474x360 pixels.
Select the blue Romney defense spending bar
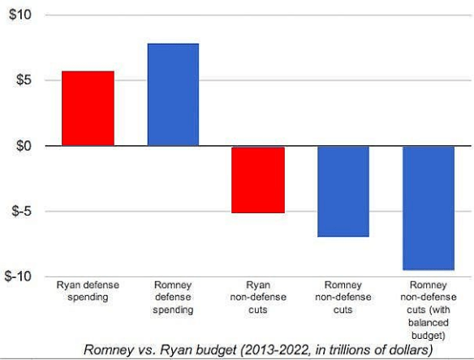(x=173, y=95)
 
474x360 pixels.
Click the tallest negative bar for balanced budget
(x=428, y=208)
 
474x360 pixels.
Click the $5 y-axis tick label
(x=23, y=80)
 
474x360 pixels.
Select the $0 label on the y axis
(x=23, y=146)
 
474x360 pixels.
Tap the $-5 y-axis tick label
(x=21, y=212)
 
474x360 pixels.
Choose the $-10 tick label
(x=19, y=276)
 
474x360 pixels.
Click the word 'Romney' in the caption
(x=112, y=349)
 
